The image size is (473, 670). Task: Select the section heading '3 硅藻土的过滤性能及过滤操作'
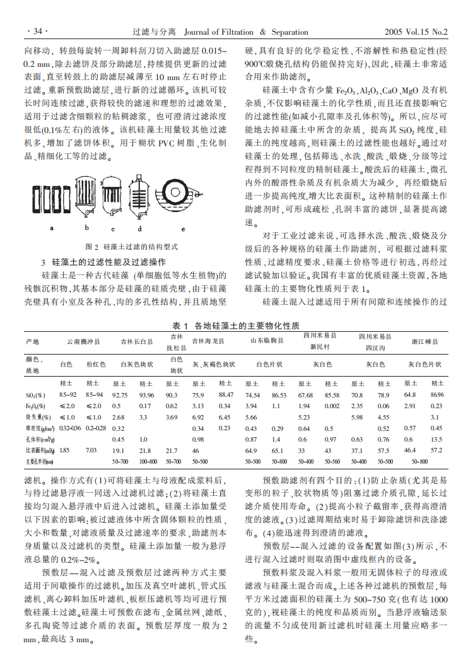tap(103, 261)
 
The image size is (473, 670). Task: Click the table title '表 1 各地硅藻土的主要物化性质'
tap(236, 326)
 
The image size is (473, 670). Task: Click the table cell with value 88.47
tap(225, 394)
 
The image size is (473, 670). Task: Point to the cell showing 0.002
tap(332, 406)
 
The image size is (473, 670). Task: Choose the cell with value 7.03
tap(91, 450)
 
